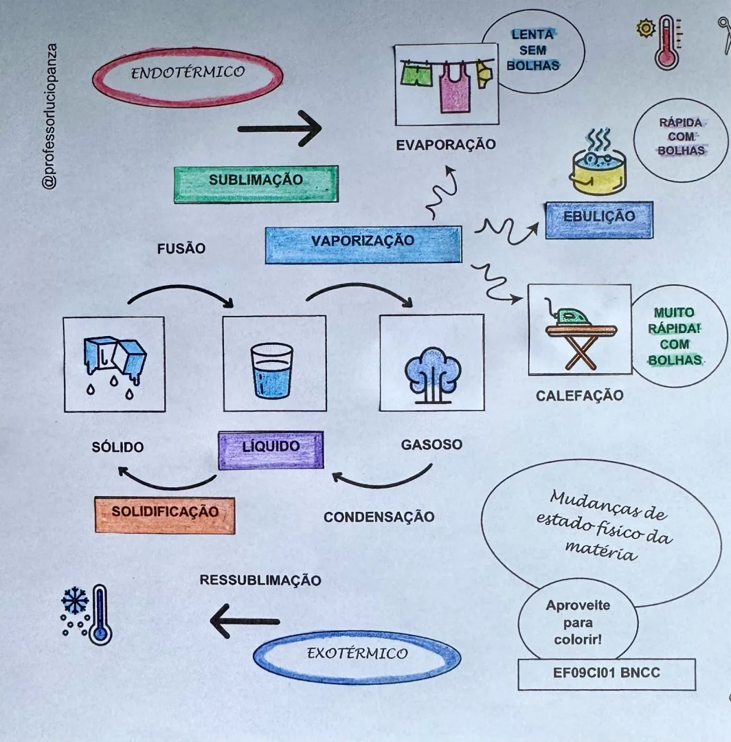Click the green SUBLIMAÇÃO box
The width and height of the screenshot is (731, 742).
point(256,183)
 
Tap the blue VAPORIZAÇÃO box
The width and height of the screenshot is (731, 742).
point(363,244)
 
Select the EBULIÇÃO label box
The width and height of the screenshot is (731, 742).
point(599,220)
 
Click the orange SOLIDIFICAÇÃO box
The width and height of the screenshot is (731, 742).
point(165,515)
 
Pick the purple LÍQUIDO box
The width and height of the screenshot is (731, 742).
point(271,449)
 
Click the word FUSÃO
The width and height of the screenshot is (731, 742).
point(181,249)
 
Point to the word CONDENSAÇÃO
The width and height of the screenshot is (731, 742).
point(379,517)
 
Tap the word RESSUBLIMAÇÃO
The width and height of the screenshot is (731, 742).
point(260,580)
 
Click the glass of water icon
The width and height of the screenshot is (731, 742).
point(271,370)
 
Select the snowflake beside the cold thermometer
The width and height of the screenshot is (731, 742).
point(75,601)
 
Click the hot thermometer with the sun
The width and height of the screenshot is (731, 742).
point(666,43)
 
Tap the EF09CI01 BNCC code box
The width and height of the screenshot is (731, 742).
point(607,674)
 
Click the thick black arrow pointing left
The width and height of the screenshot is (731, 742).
point(245,621)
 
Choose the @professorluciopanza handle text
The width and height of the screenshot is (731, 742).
point(49,117)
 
